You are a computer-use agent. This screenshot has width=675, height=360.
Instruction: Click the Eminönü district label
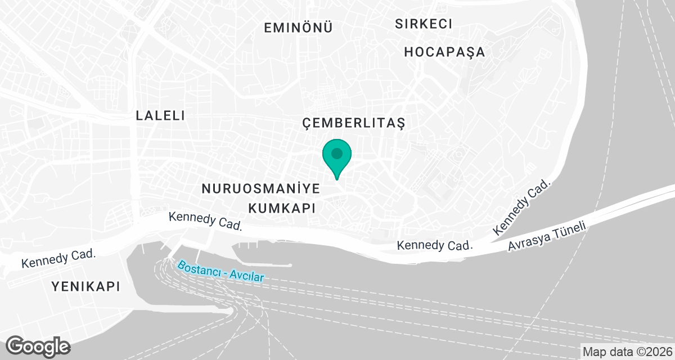point(299,27)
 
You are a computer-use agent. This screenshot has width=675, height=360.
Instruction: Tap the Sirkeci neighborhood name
point(424,24)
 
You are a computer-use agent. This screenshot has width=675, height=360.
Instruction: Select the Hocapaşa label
point(444,52)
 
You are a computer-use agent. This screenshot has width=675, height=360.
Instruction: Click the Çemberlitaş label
point(353,123)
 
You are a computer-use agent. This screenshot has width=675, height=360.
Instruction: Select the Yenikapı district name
point(86,286)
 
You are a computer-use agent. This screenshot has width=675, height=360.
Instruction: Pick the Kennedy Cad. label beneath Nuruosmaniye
point(206,222)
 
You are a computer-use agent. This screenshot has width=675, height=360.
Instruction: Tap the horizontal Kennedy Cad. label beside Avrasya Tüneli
point(434,246)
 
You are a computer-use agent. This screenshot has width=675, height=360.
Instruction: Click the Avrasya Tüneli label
point(548,237)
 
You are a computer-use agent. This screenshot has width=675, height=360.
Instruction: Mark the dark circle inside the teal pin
point(337,153)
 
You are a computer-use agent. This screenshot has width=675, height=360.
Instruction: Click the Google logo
point(38,345)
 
